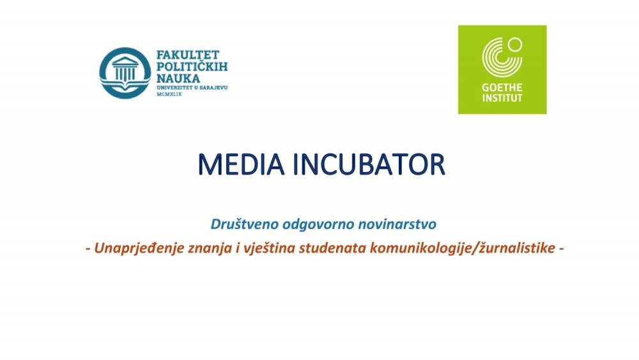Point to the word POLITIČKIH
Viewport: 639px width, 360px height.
tap(192, 66)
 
